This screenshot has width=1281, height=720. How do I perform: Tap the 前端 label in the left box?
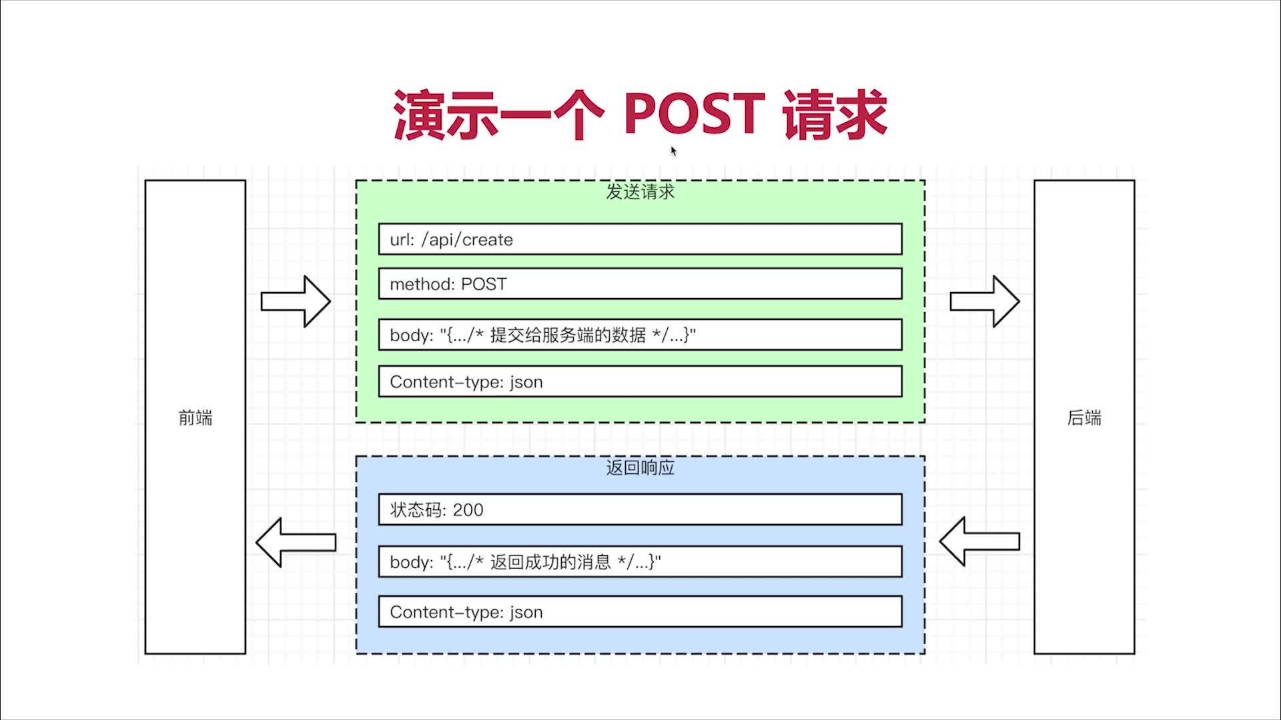tap(195, 418)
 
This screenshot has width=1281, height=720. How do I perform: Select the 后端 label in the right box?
tap(1084, 418)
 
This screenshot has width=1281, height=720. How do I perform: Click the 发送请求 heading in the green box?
tap(640, 192)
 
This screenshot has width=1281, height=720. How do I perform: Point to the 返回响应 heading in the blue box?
tap(640, 467)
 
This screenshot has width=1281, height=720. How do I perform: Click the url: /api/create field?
tap(640, 239)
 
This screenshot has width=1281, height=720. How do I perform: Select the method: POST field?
tap(640, 284)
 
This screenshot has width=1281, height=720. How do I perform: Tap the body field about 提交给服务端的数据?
tap(640, 335)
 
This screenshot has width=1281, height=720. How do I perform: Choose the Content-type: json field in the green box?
tap(640, 382)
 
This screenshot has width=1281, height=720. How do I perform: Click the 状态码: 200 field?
tap(640, 510)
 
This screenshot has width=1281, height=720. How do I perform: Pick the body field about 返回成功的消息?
tap(640, 562)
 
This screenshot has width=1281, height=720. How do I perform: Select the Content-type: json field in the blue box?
tap(640, 612)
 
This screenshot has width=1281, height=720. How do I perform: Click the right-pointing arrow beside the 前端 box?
tap(296, 301)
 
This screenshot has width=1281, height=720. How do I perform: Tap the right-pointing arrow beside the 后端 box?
tap(985, 301)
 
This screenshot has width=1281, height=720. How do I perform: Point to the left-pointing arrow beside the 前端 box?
tap(296, 543)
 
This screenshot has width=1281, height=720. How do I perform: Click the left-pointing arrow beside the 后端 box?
tap(979, 541)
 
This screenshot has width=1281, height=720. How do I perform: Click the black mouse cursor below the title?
tap(674, 151)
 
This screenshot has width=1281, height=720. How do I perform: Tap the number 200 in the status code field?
tap(468, 510)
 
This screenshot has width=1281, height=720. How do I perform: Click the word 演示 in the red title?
tap(446, 115)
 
